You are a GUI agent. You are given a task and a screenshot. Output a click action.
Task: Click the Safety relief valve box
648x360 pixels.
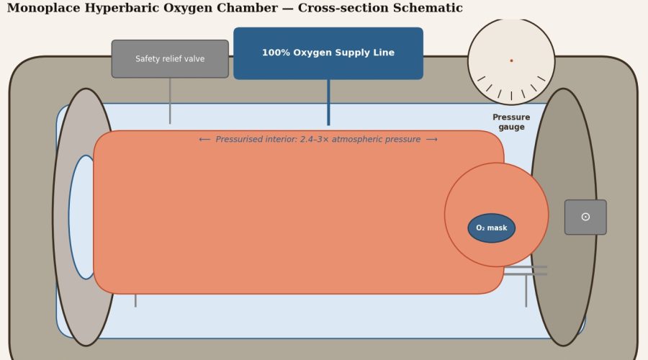[x=170, y=59]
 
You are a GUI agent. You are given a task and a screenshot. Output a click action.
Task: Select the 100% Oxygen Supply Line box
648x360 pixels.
[x=328, y=53]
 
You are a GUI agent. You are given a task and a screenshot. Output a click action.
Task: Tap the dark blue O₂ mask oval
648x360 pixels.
[x=492, y=228]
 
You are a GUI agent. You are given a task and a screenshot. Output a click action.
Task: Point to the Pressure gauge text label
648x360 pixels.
[x=511, y=122]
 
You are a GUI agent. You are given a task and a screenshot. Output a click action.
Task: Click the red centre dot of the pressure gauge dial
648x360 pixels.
[x=511, y=60]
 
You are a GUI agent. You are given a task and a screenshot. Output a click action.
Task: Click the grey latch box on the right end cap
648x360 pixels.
[x=585, y=217]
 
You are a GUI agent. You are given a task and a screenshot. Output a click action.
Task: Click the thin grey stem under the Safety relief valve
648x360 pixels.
[x=170, y=101]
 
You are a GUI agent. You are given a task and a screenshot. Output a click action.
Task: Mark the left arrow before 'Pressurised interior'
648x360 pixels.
[x=204, y=140]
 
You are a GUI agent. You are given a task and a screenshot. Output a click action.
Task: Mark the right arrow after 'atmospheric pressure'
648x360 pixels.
[x=432, y=140]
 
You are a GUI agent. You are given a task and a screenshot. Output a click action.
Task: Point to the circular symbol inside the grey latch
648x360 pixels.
[x=585, y=217]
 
